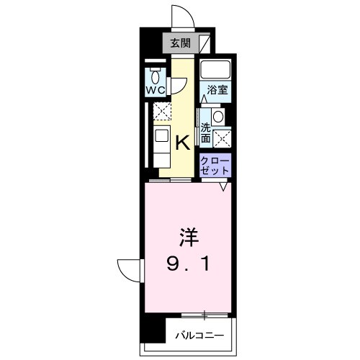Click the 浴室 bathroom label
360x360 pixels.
coord(217,91)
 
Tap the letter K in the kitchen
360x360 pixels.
coord(184,142)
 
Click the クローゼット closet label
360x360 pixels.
coord(215,163)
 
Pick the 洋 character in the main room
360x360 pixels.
coord(188,238)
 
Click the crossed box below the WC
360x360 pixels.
coord(161,112)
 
